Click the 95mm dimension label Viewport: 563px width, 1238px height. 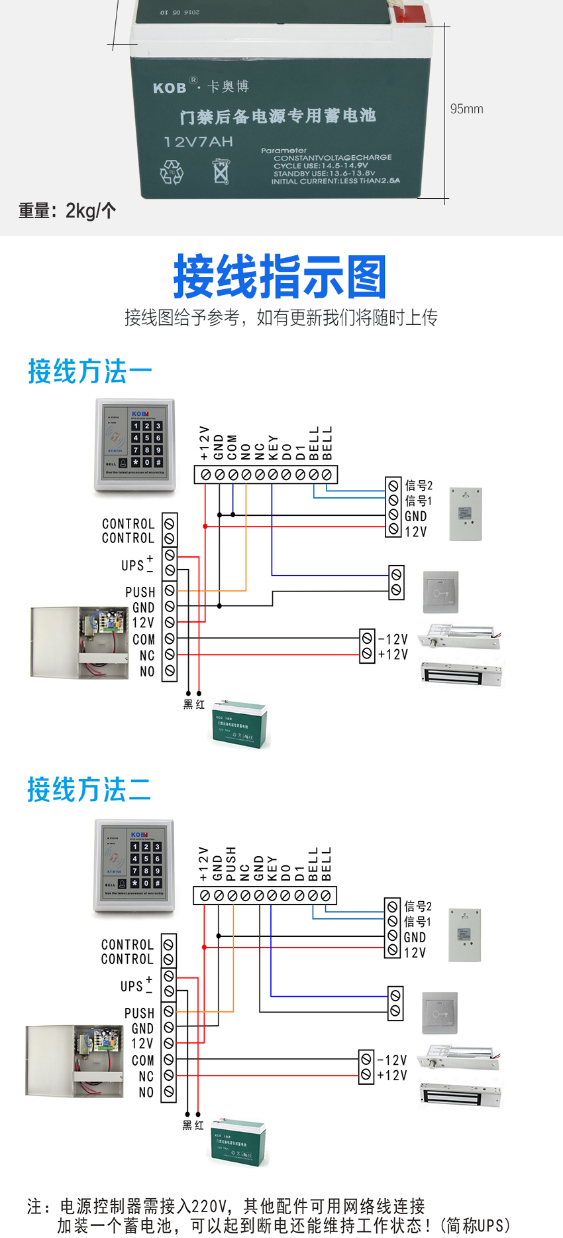tap(466, 109)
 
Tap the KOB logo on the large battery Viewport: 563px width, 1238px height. tap(170, 88)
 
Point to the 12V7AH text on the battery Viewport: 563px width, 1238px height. tap(198, 141)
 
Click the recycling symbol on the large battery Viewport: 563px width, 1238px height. tap(172, 172)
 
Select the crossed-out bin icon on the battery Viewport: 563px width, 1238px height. tap(221, 171)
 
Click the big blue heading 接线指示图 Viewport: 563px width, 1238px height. tap(280, 277)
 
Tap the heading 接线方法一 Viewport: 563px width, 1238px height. tap(90, 371)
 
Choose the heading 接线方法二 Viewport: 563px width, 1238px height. tap(89, 790)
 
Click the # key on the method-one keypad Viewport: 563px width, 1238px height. tap(158, 462)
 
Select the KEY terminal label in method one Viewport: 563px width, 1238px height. tap(273, 447)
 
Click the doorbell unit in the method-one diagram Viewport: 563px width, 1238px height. tap(466, 514)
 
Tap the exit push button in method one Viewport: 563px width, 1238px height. tap(441, 592)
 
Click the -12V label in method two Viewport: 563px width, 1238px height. tap(392, 1060)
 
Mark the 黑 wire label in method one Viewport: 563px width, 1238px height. tap(188, 704)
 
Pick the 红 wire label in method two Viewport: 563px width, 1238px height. tap(199, 1125)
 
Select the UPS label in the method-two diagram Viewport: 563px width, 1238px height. tap(132, 986)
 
